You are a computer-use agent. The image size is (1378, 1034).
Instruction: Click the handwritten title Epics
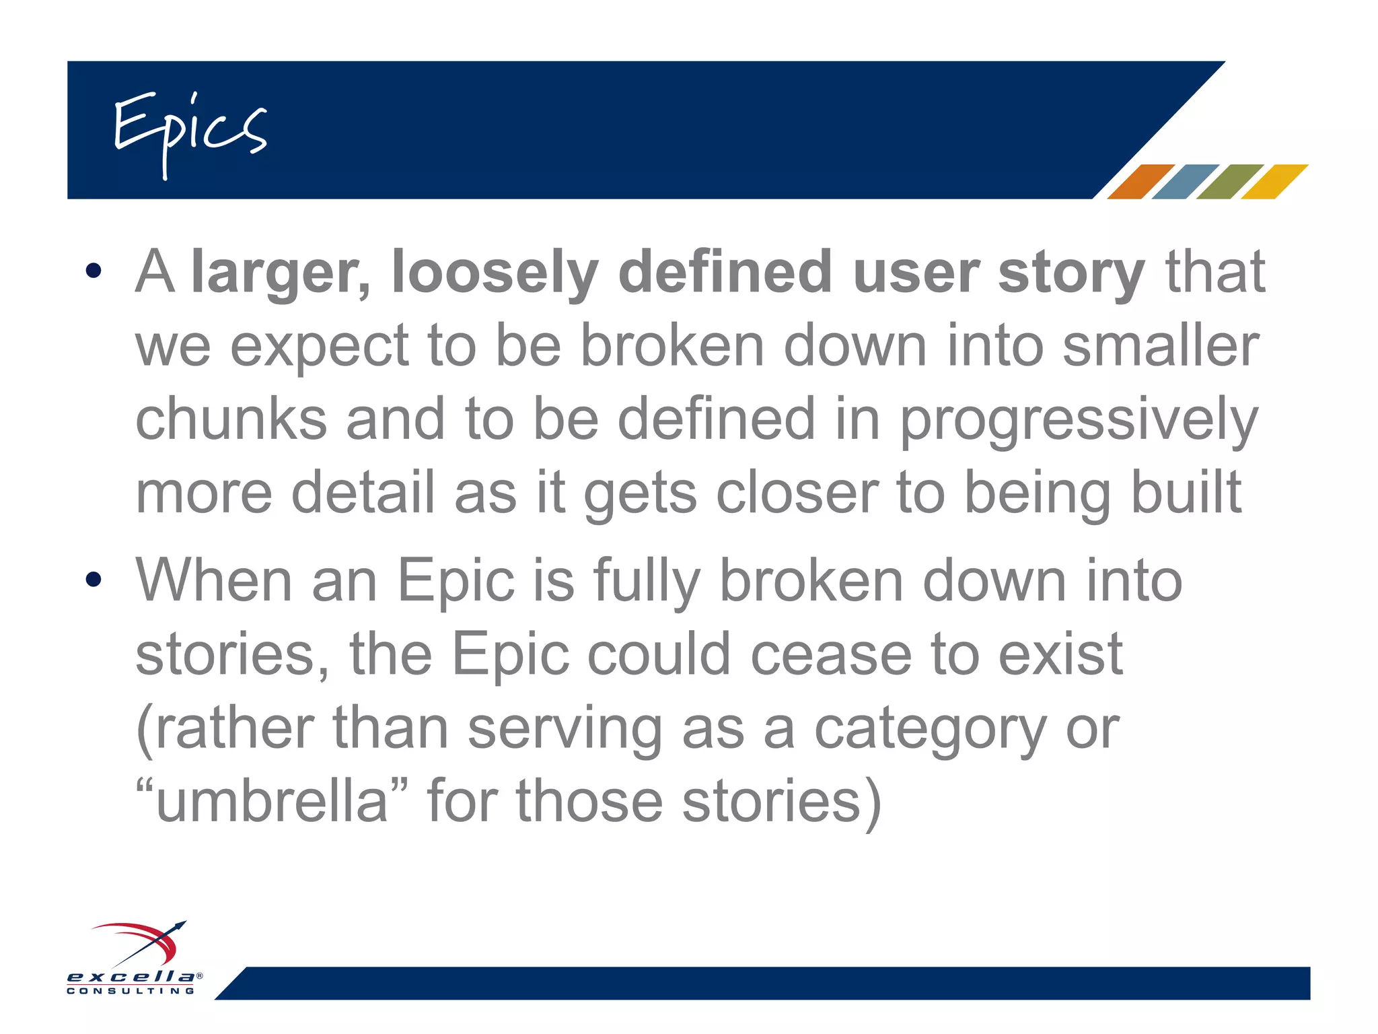click(x=190, y=131)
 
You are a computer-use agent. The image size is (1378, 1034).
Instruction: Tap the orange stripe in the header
click(x=1140, y=182)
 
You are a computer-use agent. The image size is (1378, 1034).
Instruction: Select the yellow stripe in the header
click(x=1274, y=182)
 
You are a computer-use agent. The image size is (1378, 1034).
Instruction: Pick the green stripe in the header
click(x=1229, y=182)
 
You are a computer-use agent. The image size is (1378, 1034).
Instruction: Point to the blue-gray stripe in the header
click(x=1185, y=182)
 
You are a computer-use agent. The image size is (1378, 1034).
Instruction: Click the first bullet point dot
click(x=94, y=271)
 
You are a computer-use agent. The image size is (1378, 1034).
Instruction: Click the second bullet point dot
click(x=94, y=579)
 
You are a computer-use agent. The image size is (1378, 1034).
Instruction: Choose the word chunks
click(x=231, y=419)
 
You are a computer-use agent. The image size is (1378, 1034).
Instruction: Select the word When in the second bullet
click(x=214, y=580)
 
